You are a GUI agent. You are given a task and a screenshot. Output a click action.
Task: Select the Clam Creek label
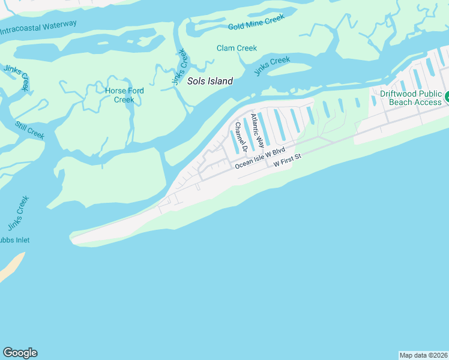(237, 48)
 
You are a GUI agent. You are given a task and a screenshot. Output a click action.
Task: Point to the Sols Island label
(209, 81)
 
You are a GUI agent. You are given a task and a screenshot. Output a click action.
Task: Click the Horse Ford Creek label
(124, 95)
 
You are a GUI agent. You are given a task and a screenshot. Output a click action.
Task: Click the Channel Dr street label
(241, 137)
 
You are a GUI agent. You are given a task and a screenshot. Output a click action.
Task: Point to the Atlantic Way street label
(257, 131)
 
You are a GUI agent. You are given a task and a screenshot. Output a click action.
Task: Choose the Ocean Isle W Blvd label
(259, 158)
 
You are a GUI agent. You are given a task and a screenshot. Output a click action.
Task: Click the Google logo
(20, 353)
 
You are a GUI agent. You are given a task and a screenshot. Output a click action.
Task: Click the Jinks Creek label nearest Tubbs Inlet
(18, 214)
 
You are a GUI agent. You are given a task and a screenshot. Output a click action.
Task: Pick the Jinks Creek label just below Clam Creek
(272, 65)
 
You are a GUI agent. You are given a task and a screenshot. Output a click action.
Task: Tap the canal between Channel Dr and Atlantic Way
(249, 131)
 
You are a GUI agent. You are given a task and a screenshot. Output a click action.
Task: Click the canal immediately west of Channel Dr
(234, 142)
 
